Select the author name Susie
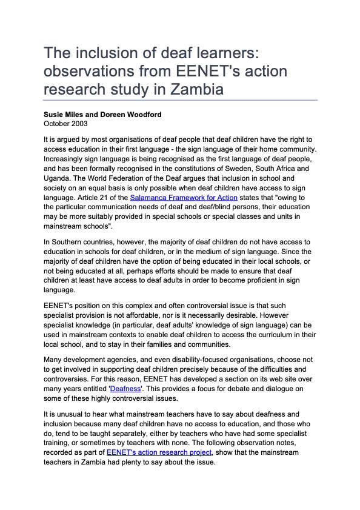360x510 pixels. click(55, 115)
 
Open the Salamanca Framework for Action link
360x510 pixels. click(184, 198)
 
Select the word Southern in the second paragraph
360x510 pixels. click(70, 242)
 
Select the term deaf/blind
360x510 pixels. click(204, 207)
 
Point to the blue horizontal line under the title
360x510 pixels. click(180, 100)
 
